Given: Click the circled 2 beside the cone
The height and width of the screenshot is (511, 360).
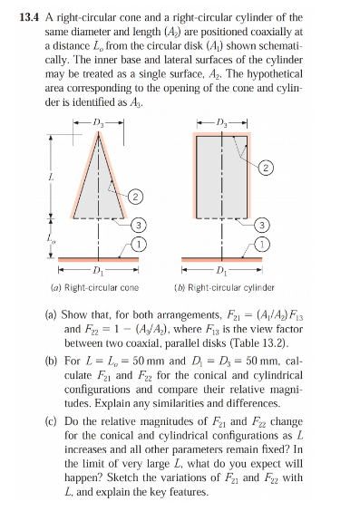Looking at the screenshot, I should pyautogui.click(x=133, y=196).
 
